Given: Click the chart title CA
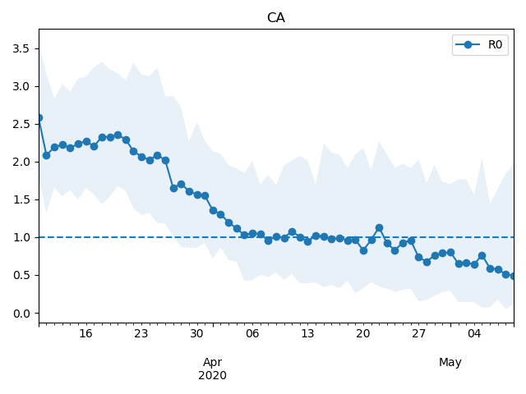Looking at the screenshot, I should tap(276, 18).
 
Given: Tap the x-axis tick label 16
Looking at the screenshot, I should tap(85, 334).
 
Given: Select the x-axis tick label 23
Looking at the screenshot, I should tap(141, 334).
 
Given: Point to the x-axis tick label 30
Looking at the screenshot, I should tap(196, 334).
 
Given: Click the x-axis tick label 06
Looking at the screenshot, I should tap(252, 334).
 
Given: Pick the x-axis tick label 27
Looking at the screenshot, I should tap(418, 334).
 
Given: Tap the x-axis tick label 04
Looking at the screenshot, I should tap(474, 334).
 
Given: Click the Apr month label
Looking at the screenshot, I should tap(212, 362).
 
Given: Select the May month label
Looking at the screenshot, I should tap(450, 362).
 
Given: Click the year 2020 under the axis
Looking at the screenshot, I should tap(212, 375).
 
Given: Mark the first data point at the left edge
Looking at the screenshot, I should tap(39, 118).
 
